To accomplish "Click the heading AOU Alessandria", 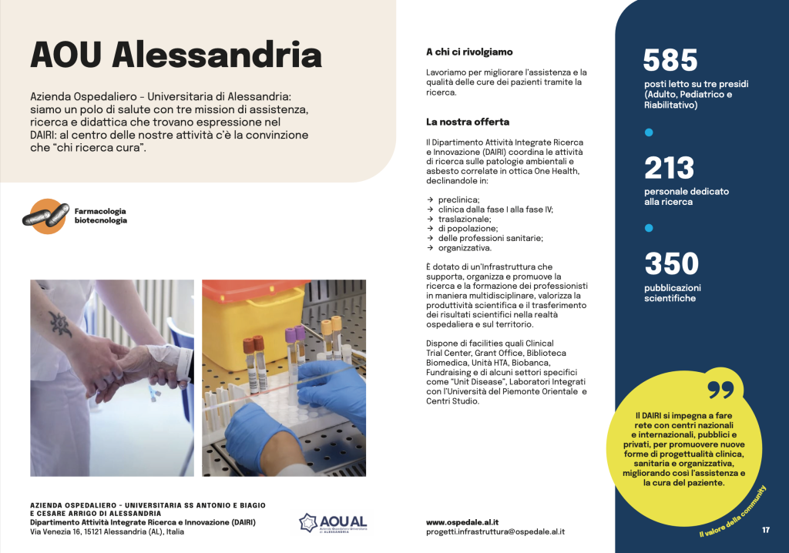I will point(176,55).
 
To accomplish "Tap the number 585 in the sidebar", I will point(670,60).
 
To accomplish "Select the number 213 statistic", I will point(669,168).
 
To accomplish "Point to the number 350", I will point(671,263).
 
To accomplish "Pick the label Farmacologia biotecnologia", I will point(100,215).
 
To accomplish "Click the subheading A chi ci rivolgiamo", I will point(468,52).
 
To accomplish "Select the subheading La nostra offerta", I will point(468,122).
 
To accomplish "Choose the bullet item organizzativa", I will point(465,248).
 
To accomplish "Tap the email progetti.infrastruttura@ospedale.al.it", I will point(495,531).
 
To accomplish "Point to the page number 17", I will point(766,530).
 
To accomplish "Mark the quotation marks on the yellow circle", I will point(720,390).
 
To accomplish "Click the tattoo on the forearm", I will point(60,323).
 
